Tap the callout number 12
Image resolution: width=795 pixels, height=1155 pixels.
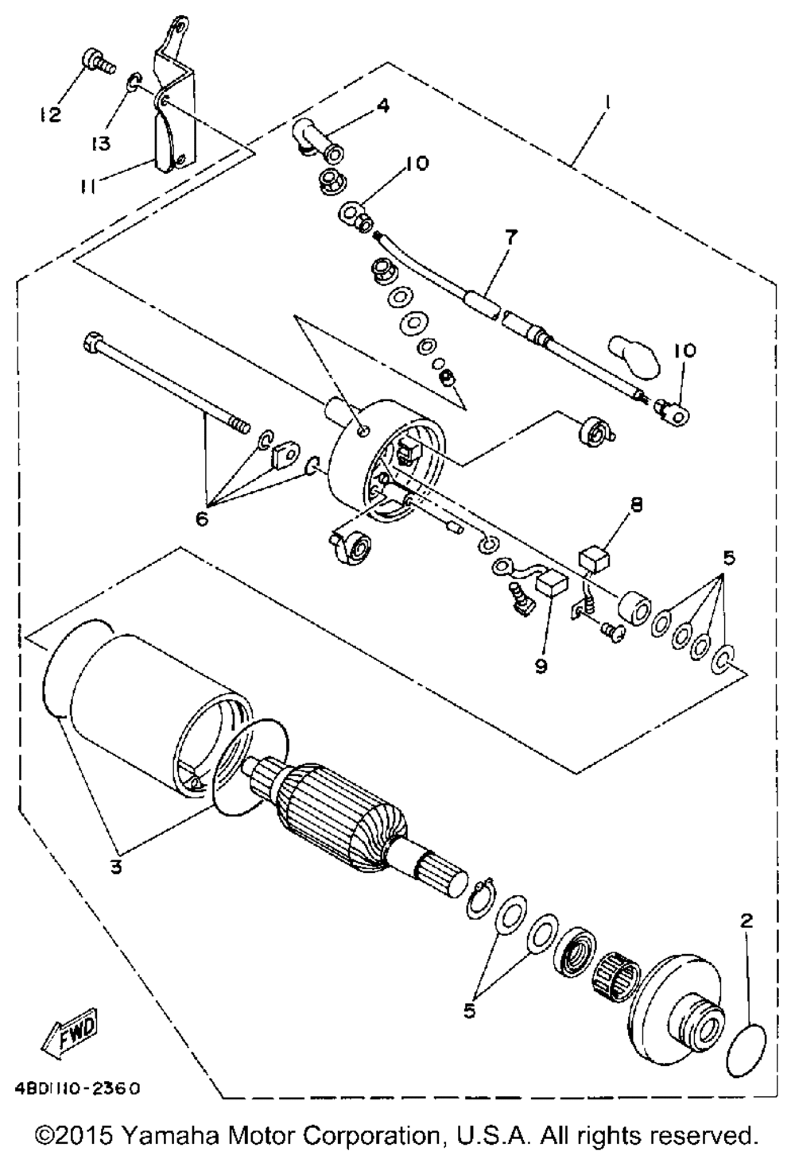pos(50,115)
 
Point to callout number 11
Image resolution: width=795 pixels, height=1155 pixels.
pos(88,185)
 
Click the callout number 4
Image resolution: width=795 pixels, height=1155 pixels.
pos(383,105)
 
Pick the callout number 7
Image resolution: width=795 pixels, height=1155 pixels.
pos(509,237)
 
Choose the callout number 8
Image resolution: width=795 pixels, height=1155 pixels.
pos(637,503)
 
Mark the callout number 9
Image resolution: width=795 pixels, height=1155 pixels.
pos(541,665)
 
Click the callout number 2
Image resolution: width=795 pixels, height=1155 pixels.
pos(745,921)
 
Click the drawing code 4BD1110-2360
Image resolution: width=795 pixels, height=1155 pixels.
pos(76,1087)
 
